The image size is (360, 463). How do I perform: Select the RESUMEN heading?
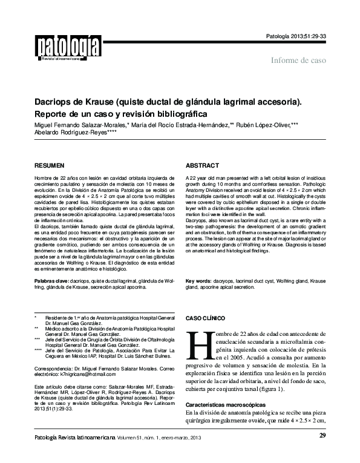tap(49, 165)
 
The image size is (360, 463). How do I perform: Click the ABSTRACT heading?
tap(202, 165)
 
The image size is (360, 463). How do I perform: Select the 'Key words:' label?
tap(198, 281)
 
